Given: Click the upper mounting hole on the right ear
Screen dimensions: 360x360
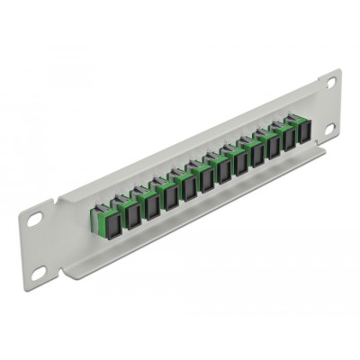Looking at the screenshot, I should pyautogui.click(x=330, y=82).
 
